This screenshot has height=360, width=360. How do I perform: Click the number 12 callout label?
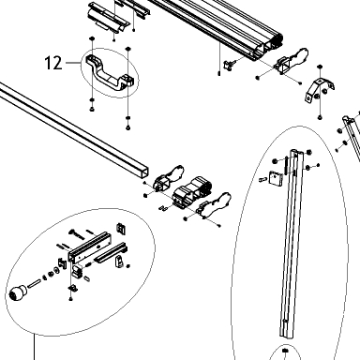pyautogui.click(x=53, y=63)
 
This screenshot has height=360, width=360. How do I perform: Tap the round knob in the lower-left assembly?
pyautogui.click(x=18, y=292)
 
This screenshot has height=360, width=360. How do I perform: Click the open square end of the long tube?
pyautogui.click(x=143, y=171)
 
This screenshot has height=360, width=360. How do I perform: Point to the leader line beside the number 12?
pyautogui.click(x=74, y=63)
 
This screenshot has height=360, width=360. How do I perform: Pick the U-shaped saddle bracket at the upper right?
pyautogui.click(x=320, y=89)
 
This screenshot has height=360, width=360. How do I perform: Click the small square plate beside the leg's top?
pyautogui.click(x=276, y=178)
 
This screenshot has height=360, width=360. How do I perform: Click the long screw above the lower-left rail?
pyautogui.click(x=77, y=233)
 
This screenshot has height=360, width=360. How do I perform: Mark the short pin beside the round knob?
pyautogui.click(x=34, y=284)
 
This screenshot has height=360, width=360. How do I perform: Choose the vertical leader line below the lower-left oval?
pyautogui.click(x=34, y=347)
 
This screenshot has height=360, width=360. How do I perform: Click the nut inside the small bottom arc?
pyautogui.click(x=285, y=351)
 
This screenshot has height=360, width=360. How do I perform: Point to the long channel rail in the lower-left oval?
pyautogui.click(x=90, y=247)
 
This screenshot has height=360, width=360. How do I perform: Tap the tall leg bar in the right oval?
pyautogui.click(x=292, y=244)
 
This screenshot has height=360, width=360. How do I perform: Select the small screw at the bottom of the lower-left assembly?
pyautogui.click(x=70, y=299)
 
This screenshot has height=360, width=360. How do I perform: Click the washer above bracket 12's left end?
pyautogui.click(x=92, y=38)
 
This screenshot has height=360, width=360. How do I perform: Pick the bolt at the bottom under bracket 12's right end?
pyautogui.click(x=127, y=127)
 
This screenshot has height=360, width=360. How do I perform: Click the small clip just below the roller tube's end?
pyautogui.click(x=229, y=66)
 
